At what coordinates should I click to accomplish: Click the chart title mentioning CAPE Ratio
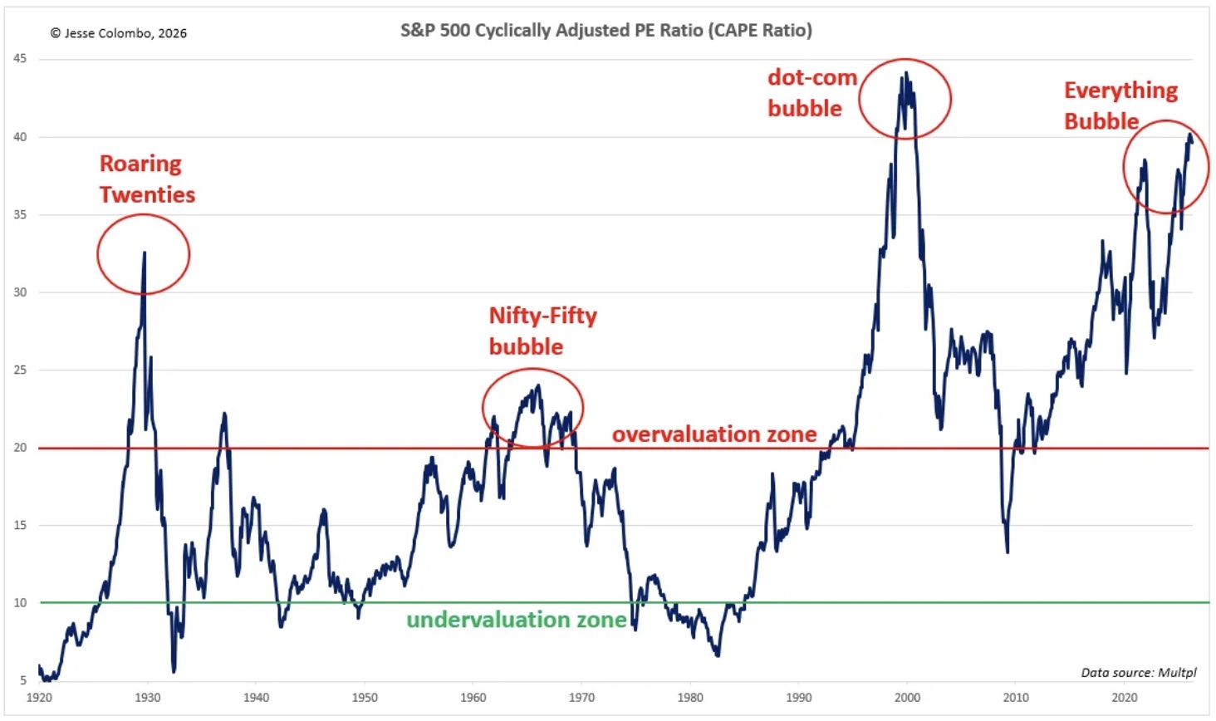point(606,31)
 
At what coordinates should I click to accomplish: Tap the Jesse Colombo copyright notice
point(118,33)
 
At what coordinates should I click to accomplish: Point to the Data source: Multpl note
point(1138,672)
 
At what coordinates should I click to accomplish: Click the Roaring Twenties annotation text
point(147,179)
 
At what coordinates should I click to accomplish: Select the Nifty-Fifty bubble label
point(542,331)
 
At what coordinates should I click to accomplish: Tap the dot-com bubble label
point(811,92)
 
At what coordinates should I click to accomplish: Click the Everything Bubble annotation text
point(1120,105)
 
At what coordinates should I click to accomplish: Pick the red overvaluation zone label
point(714,434)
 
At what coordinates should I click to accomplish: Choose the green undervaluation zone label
point(516,620)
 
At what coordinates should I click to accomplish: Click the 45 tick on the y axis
point(20,58)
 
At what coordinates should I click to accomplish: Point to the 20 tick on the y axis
point(20,448)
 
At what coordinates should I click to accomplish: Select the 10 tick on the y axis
point(20,602)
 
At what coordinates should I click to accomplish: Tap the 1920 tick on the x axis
point(39,697)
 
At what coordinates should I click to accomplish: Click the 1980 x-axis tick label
point(690,697)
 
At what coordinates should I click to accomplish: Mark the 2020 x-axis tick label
point(1125,697)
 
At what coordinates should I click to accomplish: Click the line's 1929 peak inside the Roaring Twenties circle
point(145,253)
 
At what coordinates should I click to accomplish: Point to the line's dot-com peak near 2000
point(905,72)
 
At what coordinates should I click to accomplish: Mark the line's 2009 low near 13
point(1008,552)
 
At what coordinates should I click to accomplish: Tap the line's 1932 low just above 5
point(174,671)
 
